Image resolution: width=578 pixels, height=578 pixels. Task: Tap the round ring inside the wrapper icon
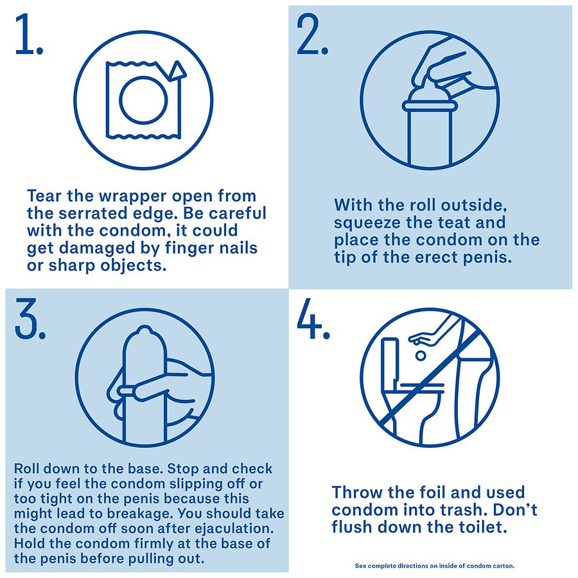143,100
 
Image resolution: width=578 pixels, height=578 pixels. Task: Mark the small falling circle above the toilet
421,356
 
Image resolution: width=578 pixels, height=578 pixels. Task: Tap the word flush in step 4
352,527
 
